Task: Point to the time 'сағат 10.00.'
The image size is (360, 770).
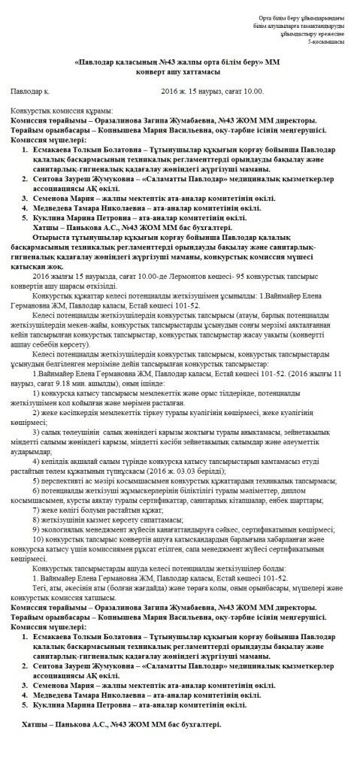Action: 244,91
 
